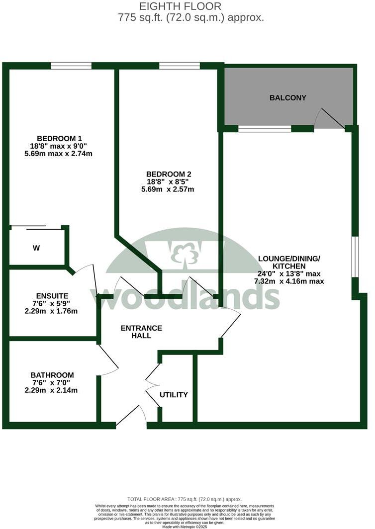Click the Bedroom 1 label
point(59,138)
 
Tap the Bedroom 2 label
point(168,174)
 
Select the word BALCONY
point(287,98)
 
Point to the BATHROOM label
point(52,375)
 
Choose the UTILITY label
point(174,395)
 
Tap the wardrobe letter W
point(36,248)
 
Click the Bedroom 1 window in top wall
point(71,66)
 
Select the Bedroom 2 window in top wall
point(180,66)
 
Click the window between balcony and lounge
point(265,129)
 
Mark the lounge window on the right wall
point(355,257)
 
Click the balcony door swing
point(328,119)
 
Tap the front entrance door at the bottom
point(132,418)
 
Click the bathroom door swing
point(107,361)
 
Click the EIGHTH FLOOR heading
point(187,6)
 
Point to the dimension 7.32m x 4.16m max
point(289,281)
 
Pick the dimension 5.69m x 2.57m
point(168,189)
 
